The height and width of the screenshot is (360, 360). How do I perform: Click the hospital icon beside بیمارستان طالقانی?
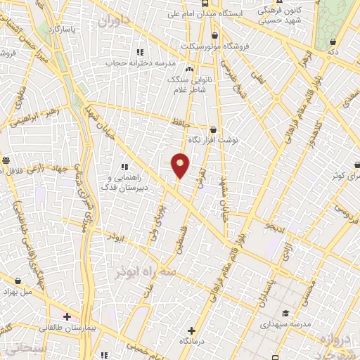point(67,317)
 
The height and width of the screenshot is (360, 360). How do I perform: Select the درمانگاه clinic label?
point(193,341)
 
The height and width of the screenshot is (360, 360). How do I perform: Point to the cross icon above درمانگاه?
point(192,330)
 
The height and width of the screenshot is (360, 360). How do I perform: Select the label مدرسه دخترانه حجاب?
point(148,63)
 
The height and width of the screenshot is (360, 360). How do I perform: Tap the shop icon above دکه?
point(331,41)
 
